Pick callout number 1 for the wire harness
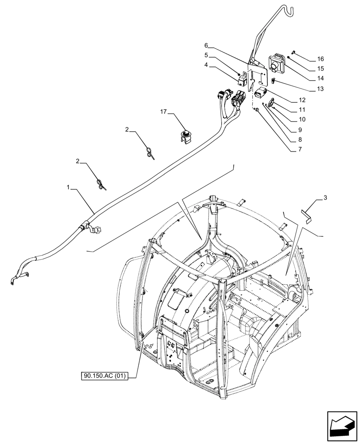(69, 187)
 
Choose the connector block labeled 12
(260, 94)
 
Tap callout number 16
(320, 59)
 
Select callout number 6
(207, 45)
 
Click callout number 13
(320, 89)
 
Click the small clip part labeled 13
(273, 80)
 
